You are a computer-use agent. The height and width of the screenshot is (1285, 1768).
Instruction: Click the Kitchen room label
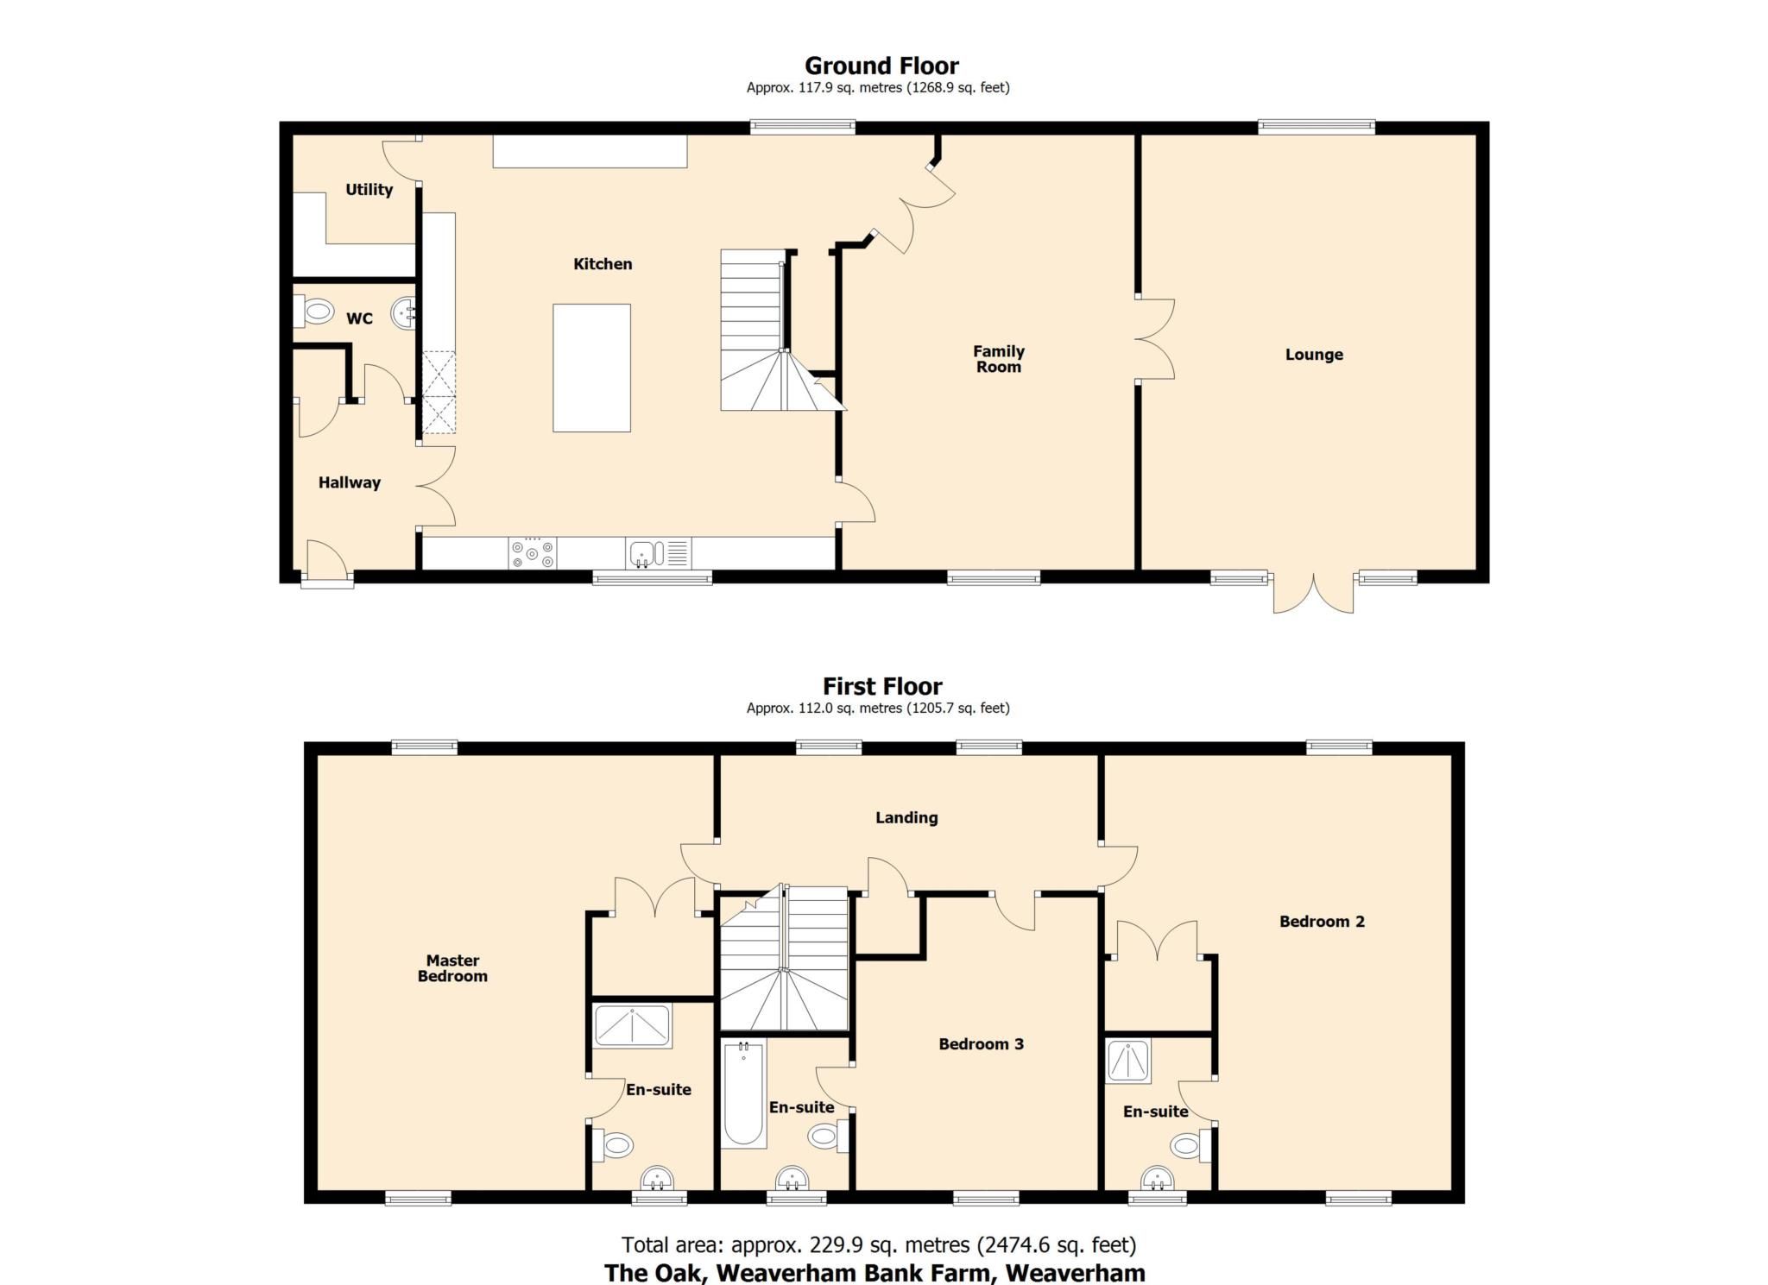(x=603, y=264)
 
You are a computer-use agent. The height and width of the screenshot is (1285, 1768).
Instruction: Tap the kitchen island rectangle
(x=591, y=368)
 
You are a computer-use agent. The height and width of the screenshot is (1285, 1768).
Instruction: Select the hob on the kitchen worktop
(x=533, y=553)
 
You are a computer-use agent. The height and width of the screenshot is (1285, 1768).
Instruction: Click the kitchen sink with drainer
(x=658, y=553)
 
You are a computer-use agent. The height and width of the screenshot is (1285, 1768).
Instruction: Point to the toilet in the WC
(x=315, y=311)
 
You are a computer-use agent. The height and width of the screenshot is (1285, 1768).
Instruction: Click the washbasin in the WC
(x=405, y=313)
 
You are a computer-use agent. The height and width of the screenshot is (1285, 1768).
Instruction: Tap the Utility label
(x=369, y=190)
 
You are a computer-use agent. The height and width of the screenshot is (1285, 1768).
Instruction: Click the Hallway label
(x=349, y=482)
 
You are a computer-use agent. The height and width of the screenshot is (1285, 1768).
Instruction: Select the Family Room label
(x=998, y=359)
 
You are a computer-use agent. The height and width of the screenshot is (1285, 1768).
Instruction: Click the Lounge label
(x=1313, y=355)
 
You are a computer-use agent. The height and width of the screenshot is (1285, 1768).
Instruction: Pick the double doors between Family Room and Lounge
(x=1155, y=339)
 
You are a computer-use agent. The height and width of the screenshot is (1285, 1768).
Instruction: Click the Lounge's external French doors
(x=1313, y=594)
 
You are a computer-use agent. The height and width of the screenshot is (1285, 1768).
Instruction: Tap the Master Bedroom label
(x=452, y=968)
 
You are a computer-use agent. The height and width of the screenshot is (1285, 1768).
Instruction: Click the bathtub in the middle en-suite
(x=743, y=1093)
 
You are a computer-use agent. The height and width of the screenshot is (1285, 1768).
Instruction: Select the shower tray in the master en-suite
(x=632, y=1026)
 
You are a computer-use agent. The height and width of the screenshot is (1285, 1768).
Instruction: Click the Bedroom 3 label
(x=981, y=1044)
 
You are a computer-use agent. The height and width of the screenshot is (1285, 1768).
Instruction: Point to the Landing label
(x=906, y=817)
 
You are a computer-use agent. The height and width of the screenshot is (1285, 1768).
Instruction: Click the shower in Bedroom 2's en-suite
(x=1128, y=1061)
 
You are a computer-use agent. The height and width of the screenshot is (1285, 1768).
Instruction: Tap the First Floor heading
(x=881, y=687)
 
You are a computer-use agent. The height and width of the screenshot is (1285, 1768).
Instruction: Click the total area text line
(x=878, y=1245)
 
